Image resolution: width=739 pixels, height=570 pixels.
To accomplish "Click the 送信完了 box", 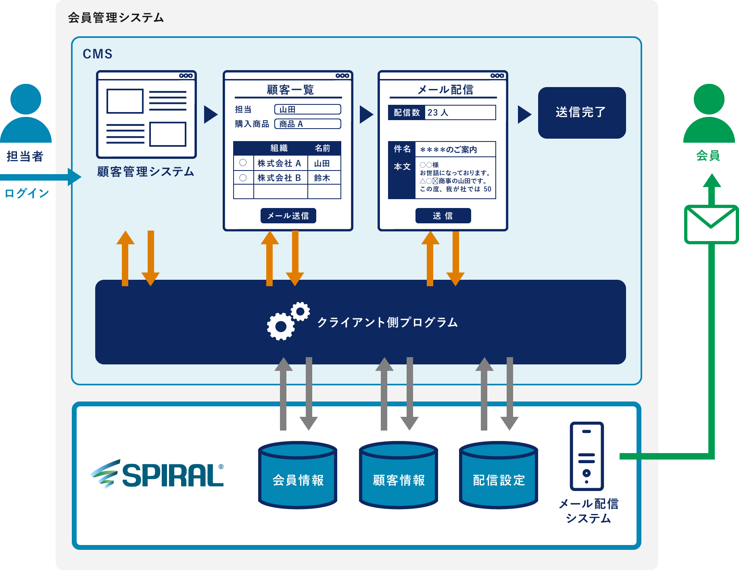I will (582, 112).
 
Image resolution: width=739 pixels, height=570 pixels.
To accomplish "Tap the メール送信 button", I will (288, 216).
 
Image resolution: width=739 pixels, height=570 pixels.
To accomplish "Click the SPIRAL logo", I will (157, 474).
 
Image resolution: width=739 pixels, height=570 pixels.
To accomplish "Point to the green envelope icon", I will (711, 224).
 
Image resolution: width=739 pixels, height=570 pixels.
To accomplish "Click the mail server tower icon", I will (587, 456).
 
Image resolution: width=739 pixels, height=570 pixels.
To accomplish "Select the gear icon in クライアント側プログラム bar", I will (287, 321).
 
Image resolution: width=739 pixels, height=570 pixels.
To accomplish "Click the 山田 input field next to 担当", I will (307, 109).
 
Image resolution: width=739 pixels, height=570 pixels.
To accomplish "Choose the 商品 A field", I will (307, 124).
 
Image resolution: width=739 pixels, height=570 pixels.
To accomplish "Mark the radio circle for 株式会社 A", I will (243, 162).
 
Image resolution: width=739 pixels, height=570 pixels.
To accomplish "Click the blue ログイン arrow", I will (40, 177).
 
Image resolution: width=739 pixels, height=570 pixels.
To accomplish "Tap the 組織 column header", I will (279, 148).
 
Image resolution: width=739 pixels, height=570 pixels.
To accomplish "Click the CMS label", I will (97, 54).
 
